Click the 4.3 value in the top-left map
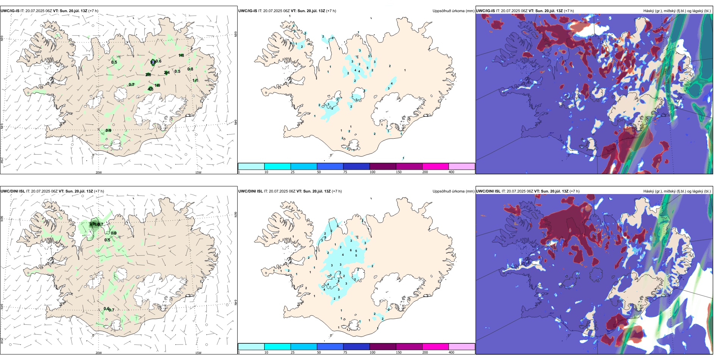[150, 89]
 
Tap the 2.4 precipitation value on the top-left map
[167, 73]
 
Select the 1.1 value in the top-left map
[195, 80]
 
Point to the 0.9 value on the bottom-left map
[114, 233]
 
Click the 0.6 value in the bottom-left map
[106, 308]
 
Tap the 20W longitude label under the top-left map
[99, 172]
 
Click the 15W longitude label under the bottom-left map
[198, 353]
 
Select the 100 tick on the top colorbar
[373, 172]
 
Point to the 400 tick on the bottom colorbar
[451, 352]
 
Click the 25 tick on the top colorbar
[293, 172]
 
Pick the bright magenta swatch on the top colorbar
[435, 166]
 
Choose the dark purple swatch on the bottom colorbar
[383, 347]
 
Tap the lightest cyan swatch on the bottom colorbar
[251, 347]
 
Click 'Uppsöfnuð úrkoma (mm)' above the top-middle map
[453, 11]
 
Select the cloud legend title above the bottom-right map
[677, 191]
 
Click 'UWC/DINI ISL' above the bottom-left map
[13, 191]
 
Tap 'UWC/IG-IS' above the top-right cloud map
[485, 11]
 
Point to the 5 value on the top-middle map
[367, 68]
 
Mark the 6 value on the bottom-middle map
[351, 250]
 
